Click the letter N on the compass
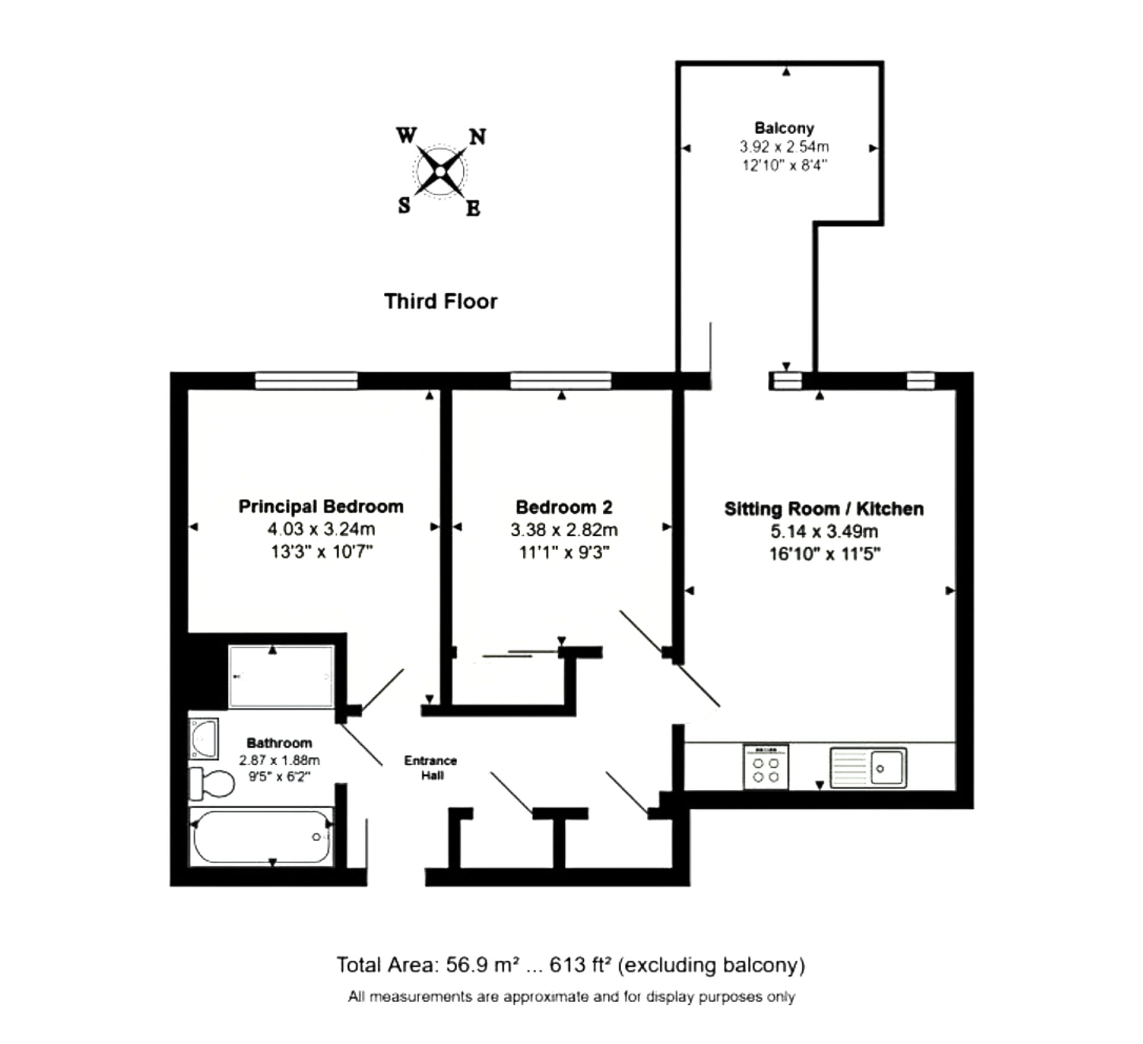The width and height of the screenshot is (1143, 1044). coord(478,137)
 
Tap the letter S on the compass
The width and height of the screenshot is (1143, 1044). coord(404,205)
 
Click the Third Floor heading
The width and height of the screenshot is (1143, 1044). coord(440,301)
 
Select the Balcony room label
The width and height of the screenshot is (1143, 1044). coord(784,128)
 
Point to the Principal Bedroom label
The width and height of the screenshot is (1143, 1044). coord(320,506)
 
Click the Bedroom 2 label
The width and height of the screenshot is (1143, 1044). coord(564,507)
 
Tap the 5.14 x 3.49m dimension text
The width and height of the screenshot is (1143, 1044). coord(824,531)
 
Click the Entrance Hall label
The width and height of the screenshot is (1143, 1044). coord(430,767)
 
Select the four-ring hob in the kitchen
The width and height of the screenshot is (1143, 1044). coord(765,767)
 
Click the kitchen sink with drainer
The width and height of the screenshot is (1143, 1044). coord(868,767)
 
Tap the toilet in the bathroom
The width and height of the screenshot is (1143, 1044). coord(212,784)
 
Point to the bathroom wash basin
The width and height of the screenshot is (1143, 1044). coord(204,738)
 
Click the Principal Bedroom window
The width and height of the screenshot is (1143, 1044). coord(306,381)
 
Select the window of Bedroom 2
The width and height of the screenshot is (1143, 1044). coord(561,381)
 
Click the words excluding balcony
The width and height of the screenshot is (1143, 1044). coord(712,965)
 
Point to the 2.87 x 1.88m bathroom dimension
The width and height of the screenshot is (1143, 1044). coord(279,760)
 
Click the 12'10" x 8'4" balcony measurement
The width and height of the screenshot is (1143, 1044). coord(784,165)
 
